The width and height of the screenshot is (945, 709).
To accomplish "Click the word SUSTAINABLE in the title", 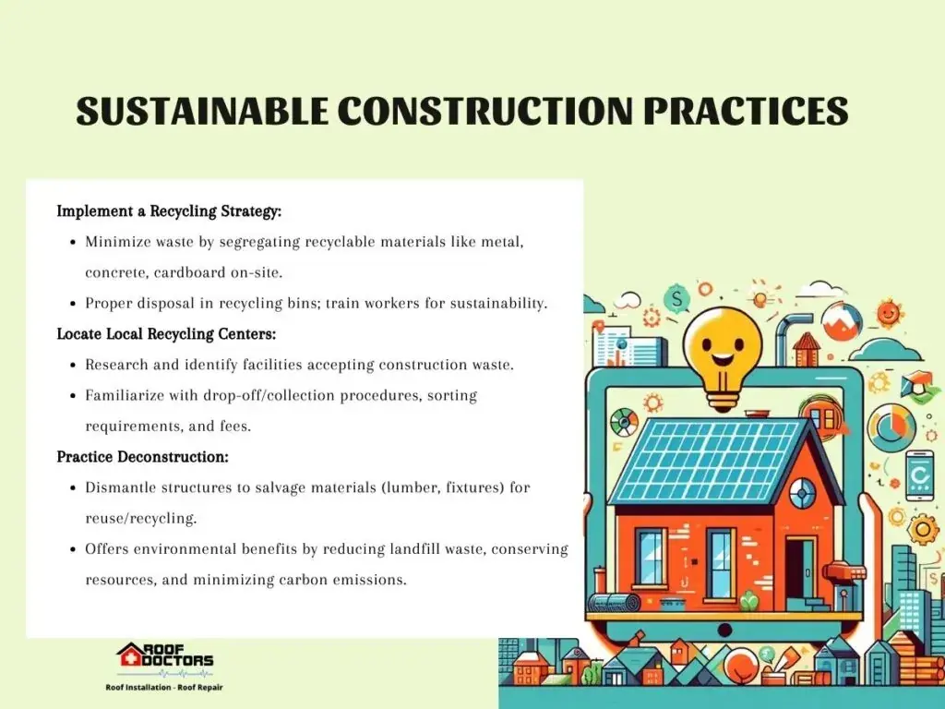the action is [202, 111].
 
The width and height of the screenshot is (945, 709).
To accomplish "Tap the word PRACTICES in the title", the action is [746, 111].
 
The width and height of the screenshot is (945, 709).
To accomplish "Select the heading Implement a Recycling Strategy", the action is [169, 211].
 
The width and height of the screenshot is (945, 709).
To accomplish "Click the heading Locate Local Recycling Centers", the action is [166, 334].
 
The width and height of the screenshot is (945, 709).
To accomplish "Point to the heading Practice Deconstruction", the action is [142, 457].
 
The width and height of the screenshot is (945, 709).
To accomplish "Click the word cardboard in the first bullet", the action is [189, 272].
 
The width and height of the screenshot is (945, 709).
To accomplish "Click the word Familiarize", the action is [124, 395].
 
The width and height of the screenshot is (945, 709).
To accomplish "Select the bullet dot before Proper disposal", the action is [73, 304].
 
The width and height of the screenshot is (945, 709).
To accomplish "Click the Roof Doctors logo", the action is [164, 660].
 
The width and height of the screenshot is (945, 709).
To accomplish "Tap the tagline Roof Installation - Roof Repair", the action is [164, 687].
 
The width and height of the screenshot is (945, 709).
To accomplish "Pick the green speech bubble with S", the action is [676, 298].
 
